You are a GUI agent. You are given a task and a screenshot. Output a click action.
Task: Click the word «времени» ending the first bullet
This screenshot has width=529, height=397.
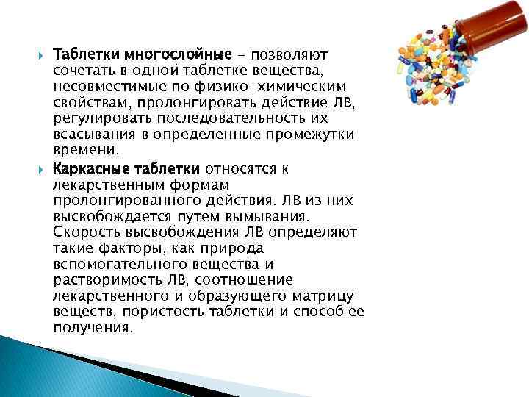coord(84,151)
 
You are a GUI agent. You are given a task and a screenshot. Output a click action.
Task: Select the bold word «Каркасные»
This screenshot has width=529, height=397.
coord(87,168)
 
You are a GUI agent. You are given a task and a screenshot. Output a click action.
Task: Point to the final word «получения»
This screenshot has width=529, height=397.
coord(93,327)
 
